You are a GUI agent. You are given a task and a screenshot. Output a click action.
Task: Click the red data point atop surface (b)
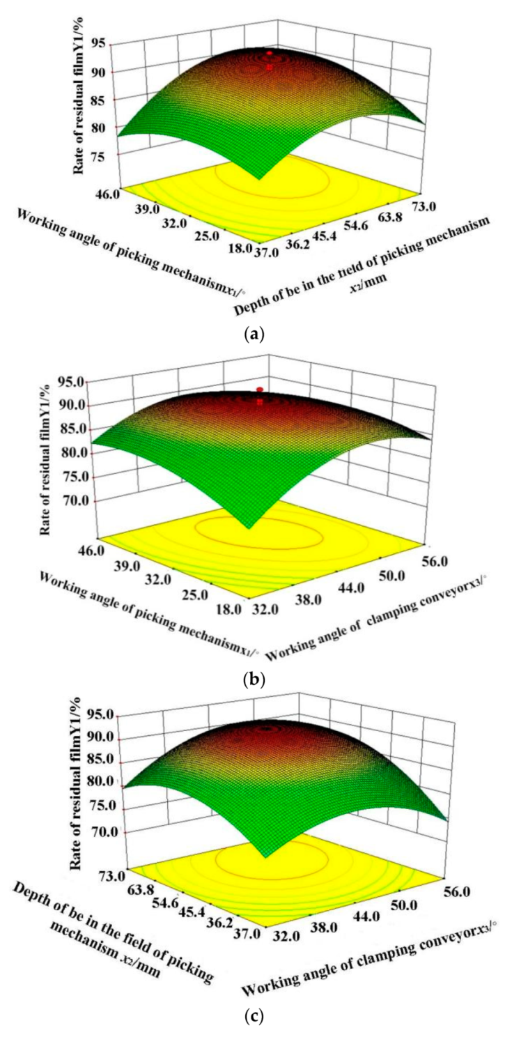tap(260, 389)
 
